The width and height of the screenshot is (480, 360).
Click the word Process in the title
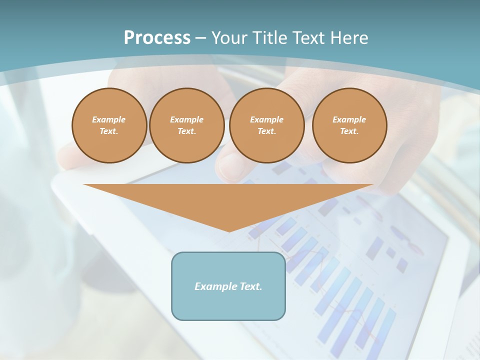[x=157, y=38]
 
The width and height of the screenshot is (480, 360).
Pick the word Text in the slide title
[x=309, y=38]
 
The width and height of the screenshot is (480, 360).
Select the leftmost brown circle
[x=109, y=125]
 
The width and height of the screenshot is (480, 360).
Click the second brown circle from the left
[x=186, y=125]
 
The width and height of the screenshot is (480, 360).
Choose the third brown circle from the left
[x=266, y=125]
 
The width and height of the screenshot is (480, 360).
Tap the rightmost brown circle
[x=349, y=125]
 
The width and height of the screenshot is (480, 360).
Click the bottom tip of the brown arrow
[x=229, y=230]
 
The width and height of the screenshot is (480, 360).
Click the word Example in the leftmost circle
[x=109, y=119]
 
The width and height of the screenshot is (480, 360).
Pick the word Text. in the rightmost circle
[x=349, y=131]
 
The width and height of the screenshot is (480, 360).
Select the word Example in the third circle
[x=266, y=119]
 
